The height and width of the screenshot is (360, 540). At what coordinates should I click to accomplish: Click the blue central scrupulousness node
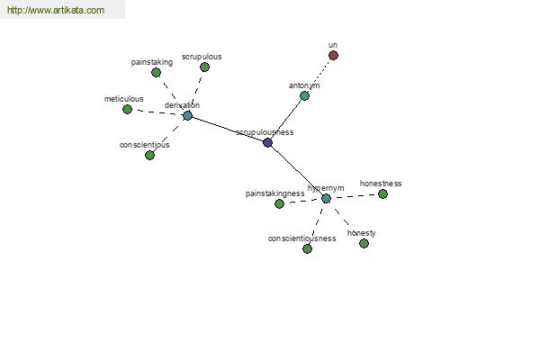coord(267,142)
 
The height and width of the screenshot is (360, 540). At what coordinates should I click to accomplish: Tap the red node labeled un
coord(333,55)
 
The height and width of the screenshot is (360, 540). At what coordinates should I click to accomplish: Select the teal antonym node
coord(304,95)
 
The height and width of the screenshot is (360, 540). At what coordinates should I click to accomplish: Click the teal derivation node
coord(187,115)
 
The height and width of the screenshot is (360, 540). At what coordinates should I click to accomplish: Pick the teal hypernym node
coord(326,198)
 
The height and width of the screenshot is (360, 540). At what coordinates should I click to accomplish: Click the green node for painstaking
coord(156,72)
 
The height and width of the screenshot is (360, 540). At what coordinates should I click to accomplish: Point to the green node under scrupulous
coord(204,67)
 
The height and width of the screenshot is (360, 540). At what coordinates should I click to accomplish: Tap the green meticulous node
coord(127,109)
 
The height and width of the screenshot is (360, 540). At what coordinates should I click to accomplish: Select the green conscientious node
coord(149,155)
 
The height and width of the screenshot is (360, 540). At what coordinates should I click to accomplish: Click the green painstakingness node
coord(279,203)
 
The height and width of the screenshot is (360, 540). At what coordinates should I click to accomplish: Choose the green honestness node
coord(382,194)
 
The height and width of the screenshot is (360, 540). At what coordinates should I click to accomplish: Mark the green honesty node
coord(364,243)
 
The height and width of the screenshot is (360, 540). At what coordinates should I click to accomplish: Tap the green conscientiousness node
coord(307,248)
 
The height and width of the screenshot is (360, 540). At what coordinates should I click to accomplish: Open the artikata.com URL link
coord(56,10)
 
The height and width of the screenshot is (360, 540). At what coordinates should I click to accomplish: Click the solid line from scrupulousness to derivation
coord(228,129)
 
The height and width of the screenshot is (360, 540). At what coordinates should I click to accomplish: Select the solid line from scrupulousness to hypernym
coord(297,170)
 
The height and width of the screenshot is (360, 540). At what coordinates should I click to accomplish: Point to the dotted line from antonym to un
coord(319,76)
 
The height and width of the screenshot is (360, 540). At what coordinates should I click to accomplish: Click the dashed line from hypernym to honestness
coord(355,196)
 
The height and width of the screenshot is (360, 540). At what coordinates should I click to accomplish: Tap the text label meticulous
coord(123,99)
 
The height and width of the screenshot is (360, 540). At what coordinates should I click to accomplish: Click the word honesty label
coord(361,233)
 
